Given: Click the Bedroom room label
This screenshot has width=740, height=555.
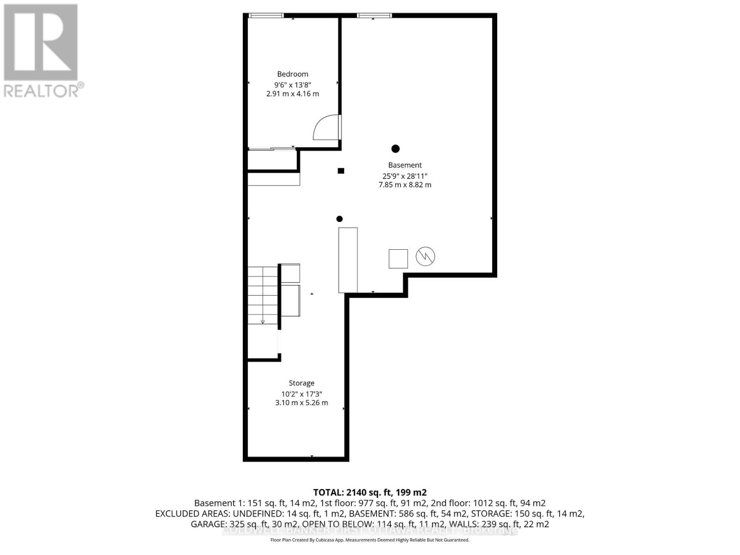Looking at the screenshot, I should tap(292, 74).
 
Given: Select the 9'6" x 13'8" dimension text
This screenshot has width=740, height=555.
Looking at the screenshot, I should tap(292, 85).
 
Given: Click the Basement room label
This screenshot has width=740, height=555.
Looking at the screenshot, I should tap(405, 165).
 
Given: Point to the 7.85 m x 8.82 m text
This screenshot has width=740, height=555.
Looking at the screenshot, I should tap(405, 185).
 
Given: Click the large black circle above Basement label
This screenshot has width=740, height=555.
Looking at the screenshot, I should tap(395, 148).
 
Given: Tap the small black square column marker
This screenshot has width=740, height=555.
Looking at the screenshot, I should tap(341, 171).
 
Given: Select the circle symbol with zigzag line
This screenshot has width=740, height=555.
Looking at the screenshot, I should tap(425, 256).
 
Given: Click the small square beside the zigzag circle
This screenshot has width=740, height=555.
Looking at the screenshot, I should tap(398, 259).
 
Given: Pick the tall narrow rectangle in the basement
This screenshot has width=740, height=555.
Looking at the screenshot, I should tap(348, 260).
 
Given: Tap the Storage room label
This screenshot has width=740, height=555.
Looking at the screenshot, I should tap(302, 383).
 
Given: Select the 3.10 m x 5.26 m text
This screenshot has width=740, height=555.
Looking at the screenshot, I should tap(302, 403).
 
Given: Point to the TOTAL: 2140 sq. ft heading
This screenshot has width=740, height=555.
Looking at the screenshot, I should tap(370, 492).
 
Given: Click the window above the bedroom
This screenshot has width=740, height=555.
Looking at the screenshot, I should tap(266, 16).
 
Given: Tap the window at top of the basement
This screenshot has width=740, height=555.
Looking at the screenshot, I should tap(374, 16).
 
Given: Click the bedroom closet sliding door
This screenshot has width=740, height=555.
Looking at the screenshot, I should tap(272, 148).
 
